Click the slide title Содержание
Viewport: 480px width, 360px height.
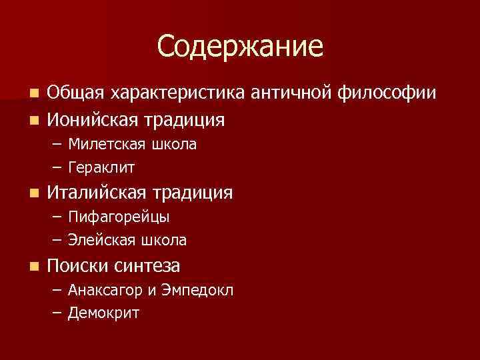coord(240,47)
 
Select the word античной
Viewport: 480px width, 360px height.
coord(291,93)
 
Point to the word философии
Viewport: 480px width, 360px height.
coord(387,93)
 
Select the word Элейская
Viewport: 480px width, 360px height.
coord(99,239)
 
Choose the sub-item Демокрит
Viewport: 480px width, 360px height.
coord(103,313)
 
